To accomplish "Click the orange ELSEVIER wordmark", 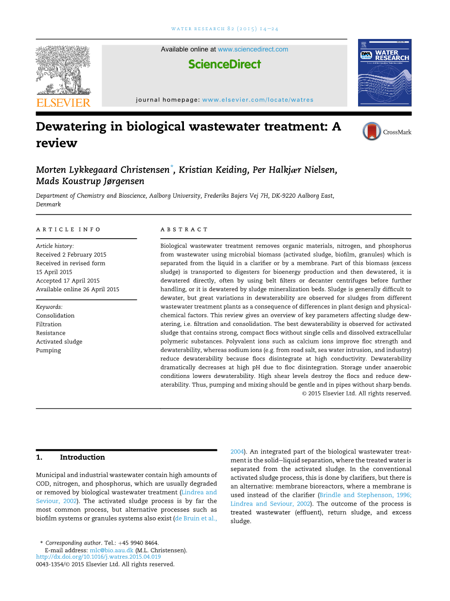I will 63,102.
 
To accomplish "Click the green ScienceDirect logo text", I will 224,64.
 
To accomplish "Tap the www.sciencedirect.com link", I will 253,49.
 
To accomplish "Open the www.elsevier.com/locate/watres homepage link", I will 258,100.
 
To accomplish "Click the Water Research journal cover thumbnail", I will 384,73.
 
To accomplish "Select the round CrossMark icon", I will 372,131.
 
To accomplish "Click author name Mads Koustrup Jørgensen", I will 90,181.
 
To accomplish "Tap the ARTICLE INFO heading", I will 69,229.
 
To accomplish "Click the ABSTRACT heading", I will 184,229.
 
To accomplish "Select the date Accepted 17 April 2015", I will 68,281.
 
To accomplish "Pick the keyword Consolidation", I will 55,316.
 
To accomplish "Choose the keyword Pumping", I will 49,350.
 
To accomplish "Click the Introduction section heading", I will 82,457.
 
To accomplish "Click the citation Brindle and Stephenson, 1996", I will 365,495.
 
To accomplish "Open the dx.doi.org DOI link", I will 98,557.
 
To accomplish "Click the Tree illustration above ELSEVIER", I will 63,71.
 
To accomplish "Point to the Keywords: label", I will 49,307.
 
